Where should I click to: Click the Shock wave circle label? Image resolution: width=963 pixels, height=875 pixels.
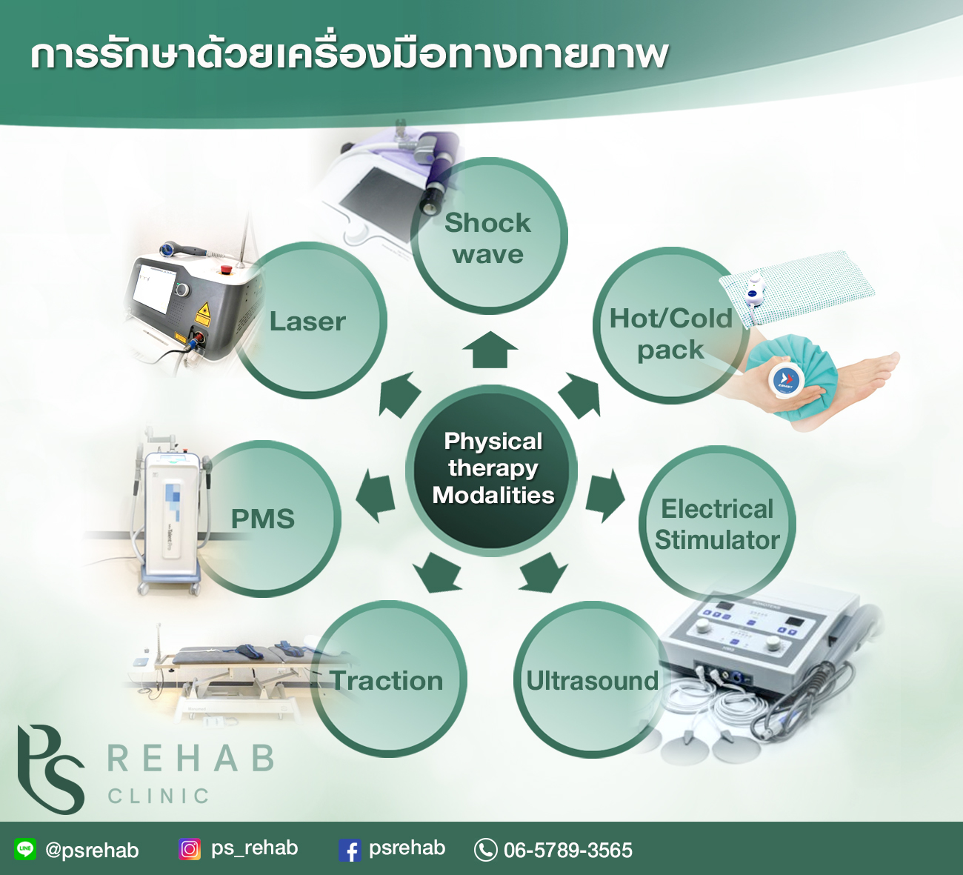pyautogui.click(x=487, y=239)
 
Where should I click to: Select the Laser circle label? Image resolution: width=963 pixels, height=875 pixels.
pyautogui.click(x=307, y=322)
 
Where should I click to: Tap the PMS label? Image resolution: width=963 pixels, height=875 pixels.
pyautogui.click(x=262, y=519)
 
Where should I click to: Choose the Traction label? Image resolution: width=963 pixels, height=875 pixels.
pyautogui.click(x=387, y=680)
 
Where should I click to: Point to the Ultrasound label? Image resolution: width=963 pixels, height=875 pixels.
pyautogui.click(x=593, y=680)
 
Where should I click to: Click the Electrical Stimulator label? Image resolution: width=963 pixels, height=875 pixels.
pyautogui.click(x=717, y=525)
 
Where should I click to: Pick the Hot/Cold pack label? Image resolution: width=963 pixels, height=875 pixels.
pyautogui.click(x=671, y=333)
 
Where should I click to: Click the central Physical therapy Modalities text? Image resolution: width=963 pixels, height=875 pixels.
pyautogui.click(x=493, y=468)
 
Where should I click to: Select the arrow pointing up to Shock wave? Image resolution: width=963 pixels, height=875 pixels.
pyautogui.click(x=490, y=350)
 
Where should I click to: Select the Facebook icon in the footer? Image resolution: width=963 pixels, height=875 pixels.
pyautogui.click(x=350, y=850)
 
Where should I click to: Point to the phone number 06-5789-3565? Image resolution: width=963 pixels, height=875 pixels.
pyautogui.click(x=568, y=850)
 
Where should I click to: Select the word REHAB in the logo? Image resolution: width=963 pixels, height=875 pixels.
pyautogui.click(x=190, y=758)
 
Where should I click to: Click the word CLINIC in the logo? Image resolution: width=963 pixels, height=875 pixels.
pyautogui.click(x=159, y=796)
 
